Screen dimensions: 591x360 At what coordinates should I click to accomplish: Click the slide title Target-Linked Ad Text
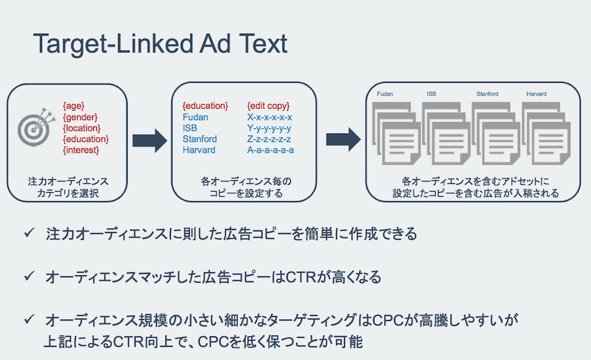click(x=160, y=44)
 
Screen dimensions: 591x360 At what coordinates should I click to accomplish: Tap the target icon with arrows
click(x=36, y=127)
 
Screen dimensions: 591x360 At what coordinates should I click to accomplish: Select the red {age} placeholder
click(x=74, y=106)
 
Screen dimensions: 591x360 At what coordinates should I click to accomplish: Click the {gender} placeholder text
click(x=80, y=117)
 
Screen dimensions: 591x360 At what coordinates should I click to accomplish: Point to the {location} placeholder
click(x=82, y=128)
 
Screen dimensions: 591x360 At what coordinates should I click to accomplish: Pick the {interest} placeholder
click(x=81, y=150)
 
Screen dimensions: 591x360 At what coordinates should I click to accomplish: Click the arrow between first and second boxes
click(x=150, y=140)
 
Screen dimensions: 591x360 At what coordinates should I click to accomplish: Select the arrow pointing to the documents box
click(x=343, y=140)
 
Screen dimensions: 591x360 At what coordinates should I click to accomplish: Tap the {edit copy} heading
click(x=268, y=106)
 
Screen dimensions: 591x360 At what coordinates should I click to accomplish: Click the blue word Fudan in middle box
click(x=195, y=117)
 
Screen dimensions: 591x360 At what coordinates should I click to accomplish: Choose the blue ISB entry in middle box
click(x=190, y=128)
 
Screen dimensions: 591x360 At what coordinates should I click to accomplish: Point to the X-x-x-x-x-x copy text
click(x=269, y=117)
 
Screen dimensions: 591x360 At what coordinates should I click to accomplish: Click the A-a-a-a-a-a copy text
click(x=271, y=150)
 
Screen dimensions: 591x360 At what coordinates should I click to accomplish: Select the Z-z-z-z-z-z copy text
click(x=269, y=139)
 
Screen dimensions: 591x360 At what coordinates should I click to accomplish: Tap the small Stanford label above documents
click(x=488, y=94)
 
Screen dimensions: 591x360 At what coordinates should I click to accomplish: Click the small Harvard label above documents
click(x=537, y=94)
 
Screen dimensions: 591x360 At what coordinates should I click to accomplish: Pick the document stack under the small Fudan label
click(x=397, y=133)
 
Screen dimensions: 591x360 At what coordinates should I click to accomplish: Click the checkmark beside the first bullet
click(x=29, y=232)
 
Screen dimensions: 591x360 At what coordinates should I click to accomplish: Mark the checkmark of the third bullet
click(x=29, y=319)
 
